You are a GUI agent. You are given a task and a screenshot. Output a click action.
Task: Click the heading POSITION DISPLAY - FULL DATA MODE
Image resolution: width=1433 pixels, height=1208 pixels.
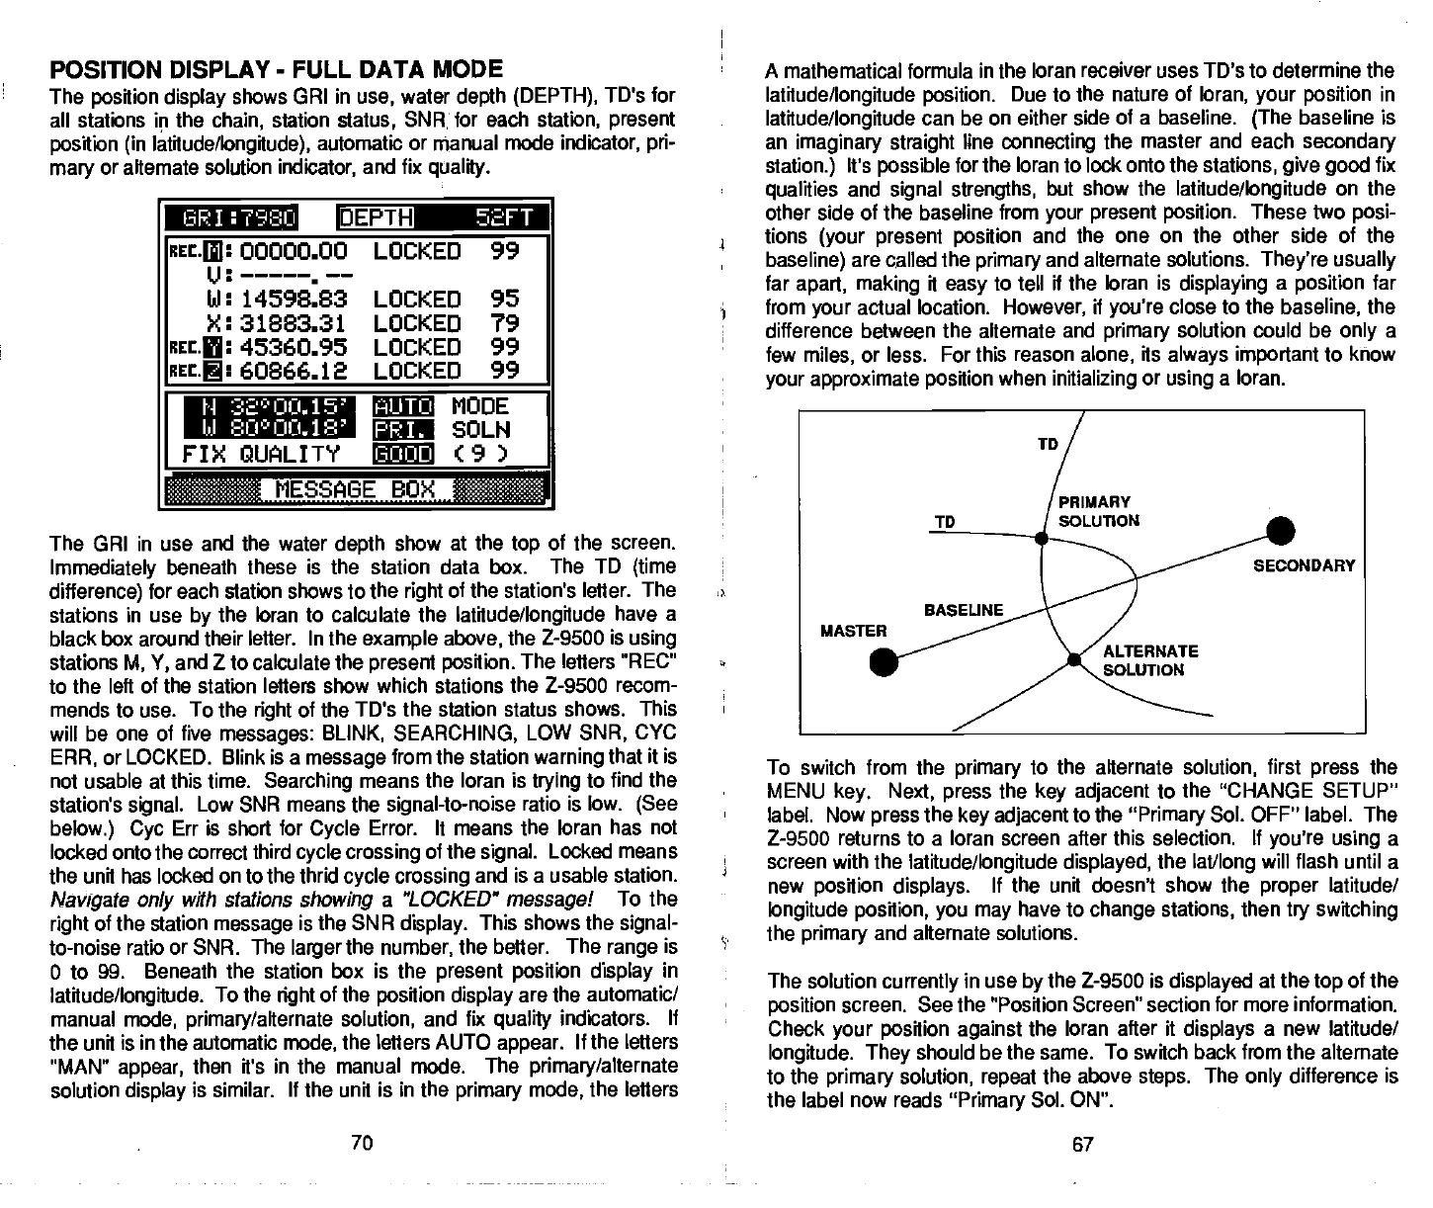(277, 70)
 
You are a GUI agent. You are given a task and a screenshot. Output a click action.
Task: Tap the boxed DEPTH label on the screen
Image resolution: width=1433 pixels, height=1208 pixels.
(377, 217)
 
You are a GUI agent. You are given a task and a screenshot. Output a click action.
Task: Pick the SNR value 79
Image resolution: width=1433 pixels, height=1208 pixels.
(504, 323)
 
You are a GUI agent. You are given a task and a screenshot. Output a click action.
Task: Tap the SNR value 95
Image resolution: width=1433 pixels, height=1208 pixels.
(504, 300)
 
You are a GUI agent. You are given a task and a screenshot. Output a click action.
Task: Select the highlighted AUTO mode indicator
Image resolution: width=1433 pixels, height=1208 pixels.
(403, 406)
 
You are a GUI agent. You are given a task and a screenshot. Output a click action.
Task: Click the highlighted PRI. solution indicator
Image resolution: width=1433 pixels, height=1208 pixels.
(403, 430)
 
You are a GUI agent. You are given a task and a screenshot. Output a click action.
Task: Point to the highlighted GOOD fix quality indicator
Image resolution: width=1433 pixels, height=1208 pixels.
(403, 455)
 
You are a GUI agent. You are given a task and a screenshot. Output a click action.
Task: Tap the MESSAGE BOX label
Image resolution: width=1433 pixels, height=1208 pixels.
(354, 489)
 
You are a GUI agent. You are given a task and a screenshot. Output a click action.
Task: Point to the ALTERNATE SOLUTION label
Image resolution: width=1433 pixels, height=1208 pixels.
(1148, 660)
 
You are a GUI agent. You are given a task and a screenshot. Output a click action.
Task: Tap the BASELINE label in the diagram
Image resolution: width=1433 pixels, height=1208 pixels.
(963, 610)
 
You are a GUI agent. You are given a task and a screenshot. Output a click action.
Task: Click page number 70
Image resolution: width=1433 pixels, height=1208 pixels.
(362, 1144)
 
